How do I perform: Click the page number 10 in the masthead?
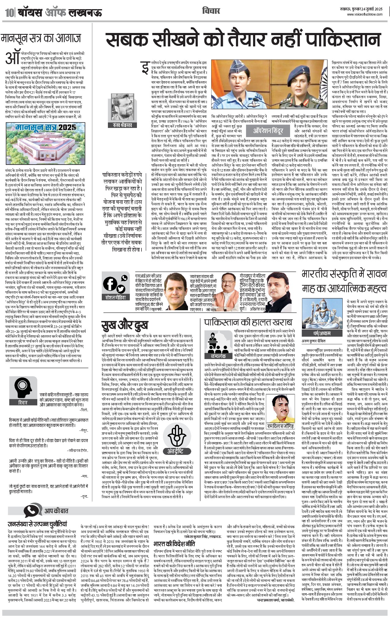pyautogui.click(x=9, y=13)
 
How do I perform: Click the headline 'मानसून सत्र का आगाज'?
pyautogui.click(x=41, y=39)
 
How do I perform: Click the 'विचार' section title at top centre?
pyautogui.click(x=211, y=11)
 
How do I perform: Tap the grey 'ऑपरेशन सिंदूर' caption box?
pyautogui.click(x=268, y=131)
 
